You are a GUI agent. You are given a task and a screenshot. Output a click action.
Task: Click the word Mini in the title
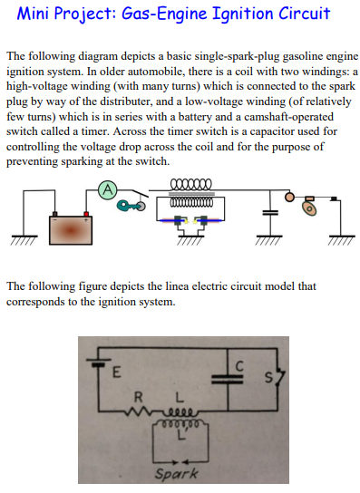pyautogui.click(x=37, y=15)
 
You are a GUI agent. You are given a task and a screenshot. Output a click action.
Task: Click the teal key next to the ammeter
pyautogui.click(x=133, y=206)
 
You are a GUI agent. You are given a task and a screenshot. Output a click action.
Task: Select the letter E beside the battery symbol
pyautogui.click(x=115, y=373)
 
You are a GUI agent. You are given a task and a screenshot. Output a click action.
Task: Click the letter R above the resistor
pyautogui.click(x=138, y=396)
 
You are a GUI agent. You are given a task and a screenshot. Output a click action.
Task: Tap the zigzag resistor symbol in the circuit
pyautogui.click(x=141, y=410)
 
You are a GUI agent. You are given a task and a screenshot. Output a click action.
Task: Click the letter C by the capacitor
pyautogui.click(x=239, y=363)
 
